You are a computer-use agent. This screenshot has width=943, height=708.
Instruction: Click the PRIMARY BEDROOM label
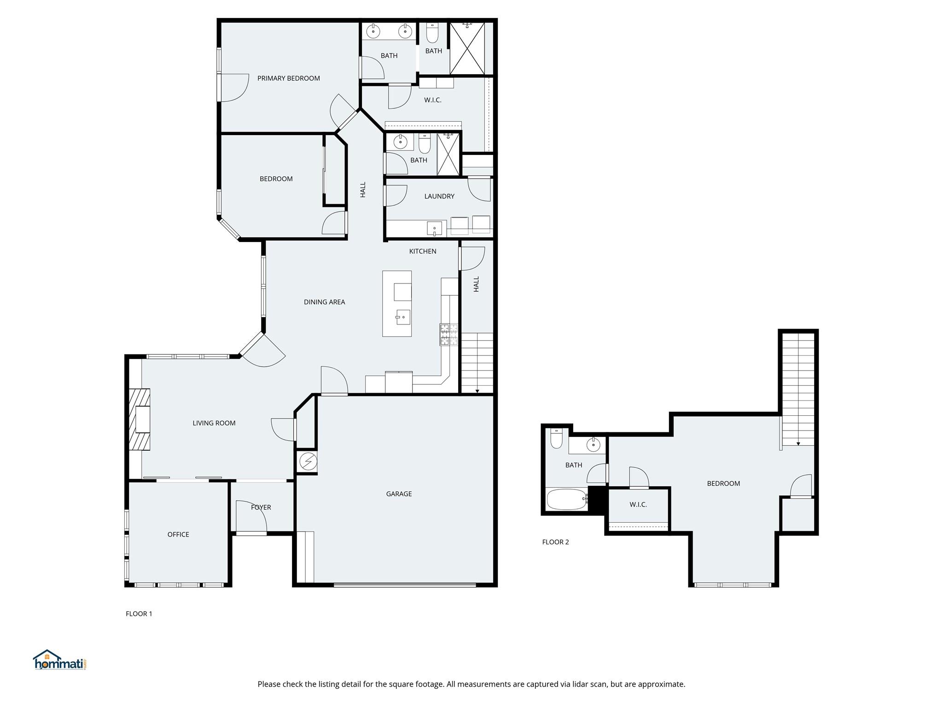(288, 78)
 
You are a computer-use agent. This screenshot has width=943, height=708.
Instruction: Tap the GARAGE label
(399, 494)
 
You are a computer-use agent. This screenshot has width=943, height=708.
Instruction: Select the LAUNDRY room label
(439, 196)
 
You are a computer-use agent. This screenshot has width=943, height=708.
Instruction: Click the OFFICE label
(178, 534)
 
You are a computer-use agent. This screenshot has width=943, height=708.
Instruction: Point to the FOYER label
(261, 507)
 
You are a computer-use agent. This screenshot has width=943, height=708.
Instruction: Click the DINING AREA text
(324, 302)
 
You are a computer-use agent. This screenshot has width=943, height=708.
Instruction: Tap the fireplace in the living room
(140, 419)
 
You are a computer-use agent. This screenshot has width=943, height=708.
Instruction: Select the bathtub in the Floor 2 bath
(566, 499)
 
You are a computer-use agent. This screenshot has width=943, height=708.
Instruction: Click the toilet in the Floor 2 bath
(556, 439)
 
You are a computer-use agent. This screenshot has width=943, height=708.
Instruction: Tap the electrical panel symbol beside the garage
(308, 461)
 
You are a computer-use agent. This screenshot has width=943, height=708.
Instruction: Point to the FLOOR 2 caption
(555, 542)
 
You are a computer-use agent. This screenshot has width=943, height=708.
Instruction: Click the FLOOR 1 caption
(139, 614)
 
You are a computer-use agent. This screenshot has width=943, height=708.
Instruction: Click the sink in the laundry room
(434, 228)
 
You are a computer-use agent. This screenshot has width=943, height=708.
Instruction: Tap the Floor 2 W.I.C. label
(638, 505)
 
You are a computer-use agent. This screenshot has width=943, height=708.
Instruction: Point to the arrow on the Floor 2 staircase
(798, 443)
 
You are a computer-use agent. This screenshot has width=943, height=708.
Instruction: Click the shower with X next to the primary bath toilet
(467, 48)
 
